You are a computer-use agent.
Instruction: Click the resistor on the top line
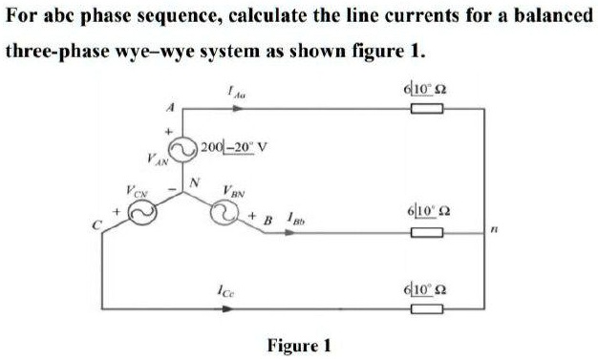pos(427,110)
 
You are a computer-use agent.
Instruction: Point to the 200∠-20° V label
pos(234,148)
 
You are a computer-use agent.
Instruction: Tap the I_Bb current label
pos(297,222)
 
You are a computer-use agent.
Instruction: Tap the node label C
pos(96,224)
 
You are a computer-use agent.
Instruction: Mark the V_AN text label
pos(156,158)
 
